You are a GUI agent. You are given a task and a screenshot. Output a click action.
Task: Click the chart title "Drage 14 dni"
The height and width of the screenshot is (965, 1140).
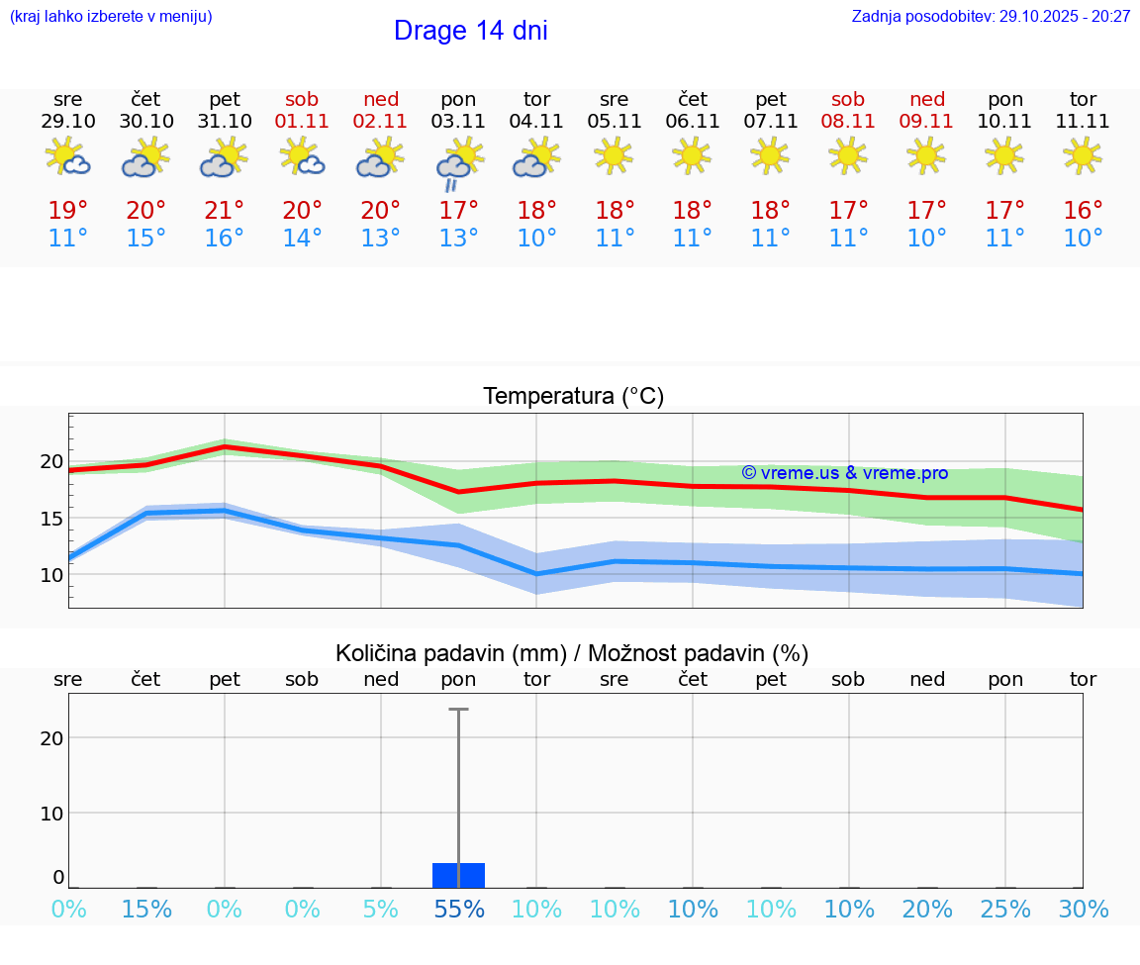470,31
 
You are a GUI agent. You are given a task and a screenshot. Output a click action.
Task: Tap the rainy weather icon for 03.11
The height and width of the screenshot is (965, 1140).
458,164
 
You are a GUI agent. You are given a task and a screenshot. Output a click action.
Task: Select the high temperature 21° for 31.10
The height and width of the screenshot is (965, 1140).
225,211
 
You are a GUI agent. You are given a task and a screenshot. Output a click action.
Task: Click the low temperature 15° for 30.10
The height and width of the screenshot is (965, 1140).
146,239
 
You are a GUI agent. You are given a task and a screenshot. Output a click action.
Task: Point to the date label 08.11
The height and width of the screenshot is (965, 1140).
848,122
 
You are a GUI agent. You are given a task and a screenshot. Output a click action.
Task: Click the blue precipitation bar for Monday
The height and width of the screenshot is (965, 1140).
458,875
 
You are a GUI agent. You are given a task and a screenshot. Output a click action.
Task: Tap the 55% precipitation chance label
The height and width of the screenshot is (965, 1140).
458,910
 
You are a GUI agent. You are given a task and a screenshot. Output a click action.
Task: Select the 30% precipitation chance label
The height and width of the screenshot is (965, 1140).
1083,910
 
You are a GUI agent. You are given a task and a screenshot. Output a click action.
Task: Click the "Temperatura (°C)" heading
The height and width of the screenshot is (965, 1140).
573,397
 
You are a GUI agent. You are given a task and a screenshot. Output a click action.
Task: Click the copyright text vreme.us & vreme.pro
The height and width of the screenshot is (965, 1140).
844,473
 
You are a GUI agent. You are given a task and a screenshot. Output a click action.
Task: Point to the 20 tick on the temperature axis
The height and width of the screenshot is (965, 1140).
51,461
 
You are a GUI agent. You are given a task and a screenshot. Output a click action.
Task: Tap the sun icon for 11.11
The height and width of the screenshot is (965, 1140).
1083,155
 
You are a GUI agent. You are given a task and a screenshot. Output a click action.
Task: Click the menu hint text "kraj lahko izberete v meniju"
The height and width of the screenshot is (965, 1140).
111,17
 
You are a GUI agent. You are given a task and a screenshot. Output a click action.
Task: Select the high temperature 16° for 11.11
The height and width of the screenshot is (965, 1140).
1083,211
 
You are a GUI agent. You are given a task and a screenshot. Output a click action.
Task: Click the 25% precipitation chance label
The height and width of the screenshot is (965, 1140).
1005,910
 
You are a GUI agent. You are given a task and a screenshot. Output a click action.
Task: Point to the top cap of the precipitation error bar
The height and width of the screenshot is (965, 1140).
458,710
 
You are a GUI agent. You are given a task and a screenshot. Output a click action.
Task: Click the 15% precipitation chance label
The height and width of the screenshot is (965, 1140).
146,910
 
